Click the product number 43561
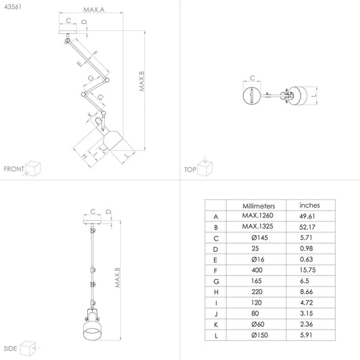(13, 7)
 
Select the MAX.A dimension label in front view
(94, 9)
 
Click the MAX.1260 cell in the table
(257, 215)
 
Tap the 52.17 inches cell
(307, 227)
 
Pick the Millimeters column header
(259, 206)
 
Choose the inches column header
(309, 205)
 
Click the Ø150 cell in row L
(259, 335)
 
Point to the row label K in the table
(216, 325)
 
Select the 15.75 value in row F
(307, 270)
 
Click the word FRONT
(14, 169)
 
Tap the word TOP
(190, 170)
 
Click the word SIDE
(10, 349)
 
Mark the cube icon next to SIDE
(28, 349)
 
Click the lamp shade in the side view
(92, 330)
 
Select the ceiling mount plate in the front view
(68, 32)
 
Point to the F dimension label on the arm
(95, 54)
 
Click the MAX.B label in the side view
(118, 278)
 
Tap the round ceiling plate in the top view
(252, 95)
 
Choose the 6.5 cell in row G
(305, 281)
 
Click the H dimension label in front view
(84, 156)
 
